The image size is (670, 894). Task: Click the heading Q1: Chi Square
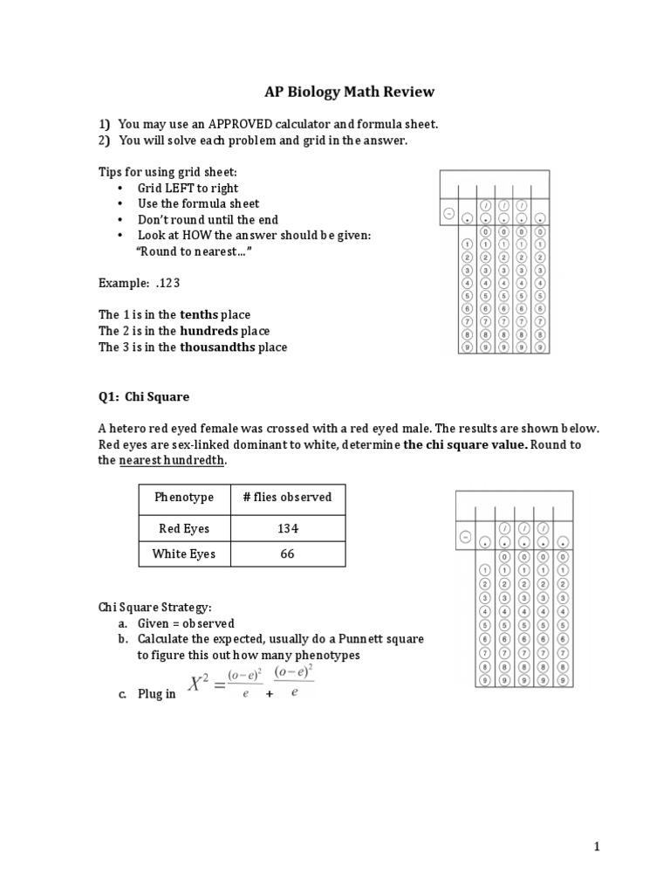point(144,396)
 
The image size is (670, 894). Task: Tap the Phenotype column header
point(184,497)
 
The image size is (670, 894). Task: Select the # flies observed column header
point(287,497)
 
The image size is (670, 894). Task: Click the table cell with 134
point(287,528)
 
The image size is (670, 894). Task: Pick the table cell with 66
point(287,554)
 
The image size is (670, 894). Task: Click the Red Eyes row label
point(184,528)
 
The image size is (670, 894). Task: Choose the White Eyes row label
point(184,554)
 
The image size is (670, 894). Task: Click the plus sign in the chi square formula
point(270,694)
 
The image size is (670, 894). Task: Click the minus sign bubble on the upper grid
point(448,213)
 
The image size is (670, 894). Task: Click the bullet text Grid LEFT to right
point(188,188)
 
